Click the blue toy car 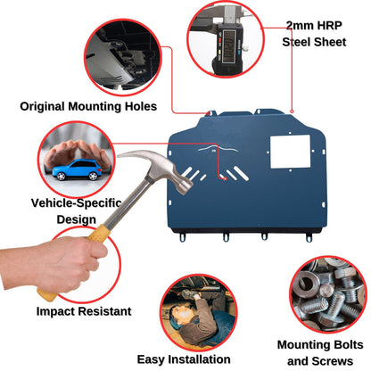pos(78,169)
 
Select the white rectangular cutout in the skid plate pos(290,152)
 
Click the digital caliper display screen pos(229,45)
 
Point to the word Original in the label pos(42,106)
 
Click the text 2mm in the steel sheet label pos(298,26)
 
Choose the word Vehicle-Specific pos(77,203)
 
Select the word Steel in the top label pos(296,42)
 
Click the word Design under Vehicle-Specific pos(77,220)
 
